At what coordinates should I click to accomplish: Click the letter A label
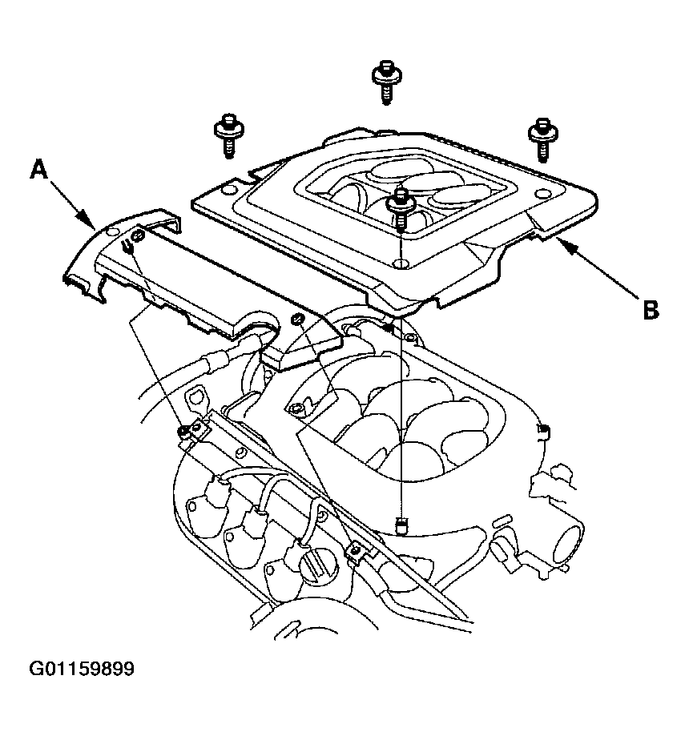tap(39, 169)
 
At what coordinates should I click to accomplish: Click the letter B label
tap(651, 310)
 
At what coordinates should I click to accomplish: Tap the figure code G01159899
tap(82, 669)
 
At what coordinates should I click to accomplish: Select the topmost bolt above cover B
tap(386, 82)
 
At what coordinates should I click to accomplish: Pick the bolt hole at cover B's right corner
tap(542, 194)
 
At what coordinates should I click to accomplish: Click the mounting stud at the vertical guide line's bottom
tap(401, 526)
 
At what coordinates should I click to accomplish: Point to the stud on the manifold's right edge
tap(542, 429)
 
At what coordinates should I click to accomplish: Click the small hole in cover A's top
tap(113, 231)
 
